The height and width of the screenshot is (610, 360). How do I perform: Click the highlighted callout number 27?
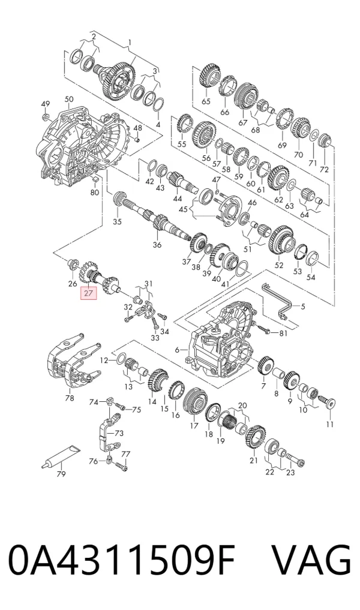click(88, 293)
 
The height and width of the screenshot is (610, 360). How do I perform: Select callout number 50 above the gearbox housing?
click(69, 100)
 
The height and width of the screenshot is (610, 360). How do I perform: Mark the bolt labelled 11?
click(326, 401)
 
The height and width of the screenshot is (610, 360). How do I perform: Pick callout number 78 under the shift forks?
click(69, 398)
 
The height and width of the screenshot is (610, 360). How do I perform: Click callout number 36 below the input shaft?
click(157, 245)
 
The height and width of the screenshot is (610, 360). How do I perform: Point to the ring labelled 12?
click(121, 358)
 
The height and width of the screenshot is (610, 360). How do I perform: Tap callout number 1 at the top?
click(130, 42)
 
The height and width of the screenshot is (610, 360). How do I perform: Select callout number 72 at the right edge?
click(324, 169)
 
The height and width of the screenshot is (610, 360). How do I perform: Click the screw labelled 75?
click(121, 407)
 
